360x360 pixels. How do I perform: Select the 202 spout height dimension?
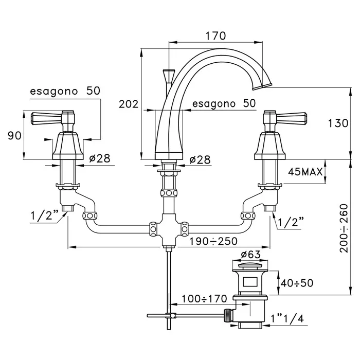[x=129, y=104]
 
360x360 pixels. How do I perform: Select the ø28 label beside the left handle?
[x=99, y=159]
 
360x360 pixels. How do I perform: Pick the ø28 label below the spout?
[x=200, y=159]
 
